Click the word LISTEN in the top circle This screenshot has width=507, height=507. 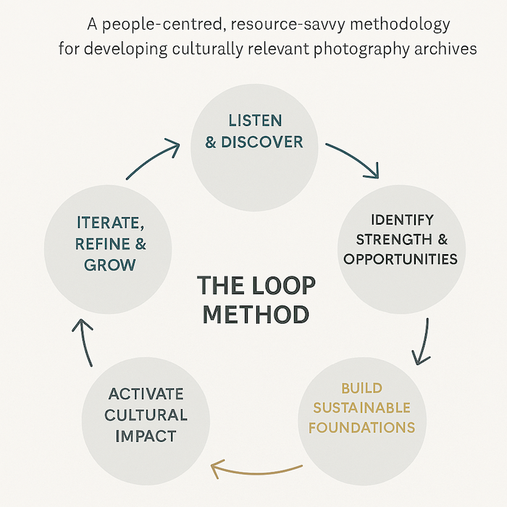point(255,120)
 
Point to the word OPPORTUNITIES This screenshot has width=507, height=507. point(401,259)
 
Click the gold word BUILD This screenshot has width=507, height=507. point(362,388)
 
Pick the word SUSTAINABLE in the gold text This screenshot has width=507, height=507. point(362,408)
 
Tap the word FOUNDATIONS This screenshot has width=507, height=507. point(362,427)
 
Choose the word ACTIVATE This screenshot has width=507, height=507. point(146,395)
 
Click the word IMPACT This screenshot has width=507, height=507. point(146,436)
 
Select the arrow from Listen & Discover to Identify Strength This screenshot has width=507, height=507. point(353,159)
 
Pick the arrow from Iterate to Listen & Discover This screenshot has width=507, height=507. point(154,161)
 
